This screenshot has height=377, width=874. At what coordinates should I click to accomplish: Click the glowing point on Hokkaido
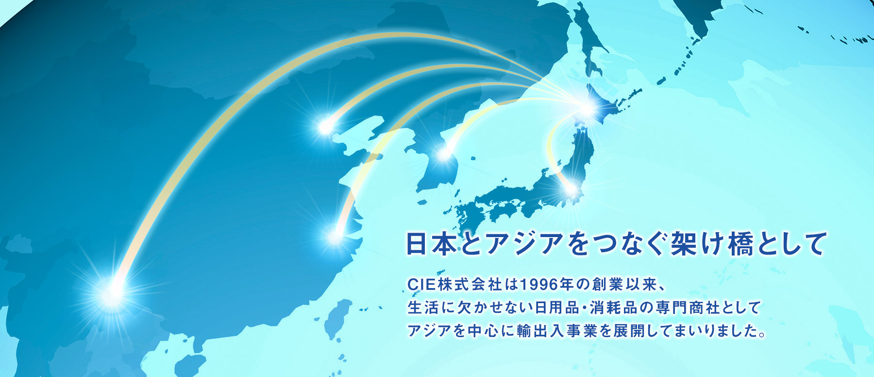pyautogui.click(x=587, y=109)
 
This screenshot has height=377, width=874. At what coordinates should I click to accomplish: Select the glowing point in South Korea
pyautogui.click(x=444, y=154)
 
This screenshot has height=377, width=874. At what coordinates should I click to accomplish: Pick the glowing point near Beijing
pyautogui.click(x=325, y=127)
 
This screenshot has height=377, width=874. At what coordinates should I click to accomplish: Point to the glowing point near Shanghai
pyautogui.click(x=336, y=236)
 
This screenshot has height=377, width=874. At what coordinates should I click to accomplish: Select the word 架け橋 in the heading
pyautogui.click(x=712, y=244)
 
